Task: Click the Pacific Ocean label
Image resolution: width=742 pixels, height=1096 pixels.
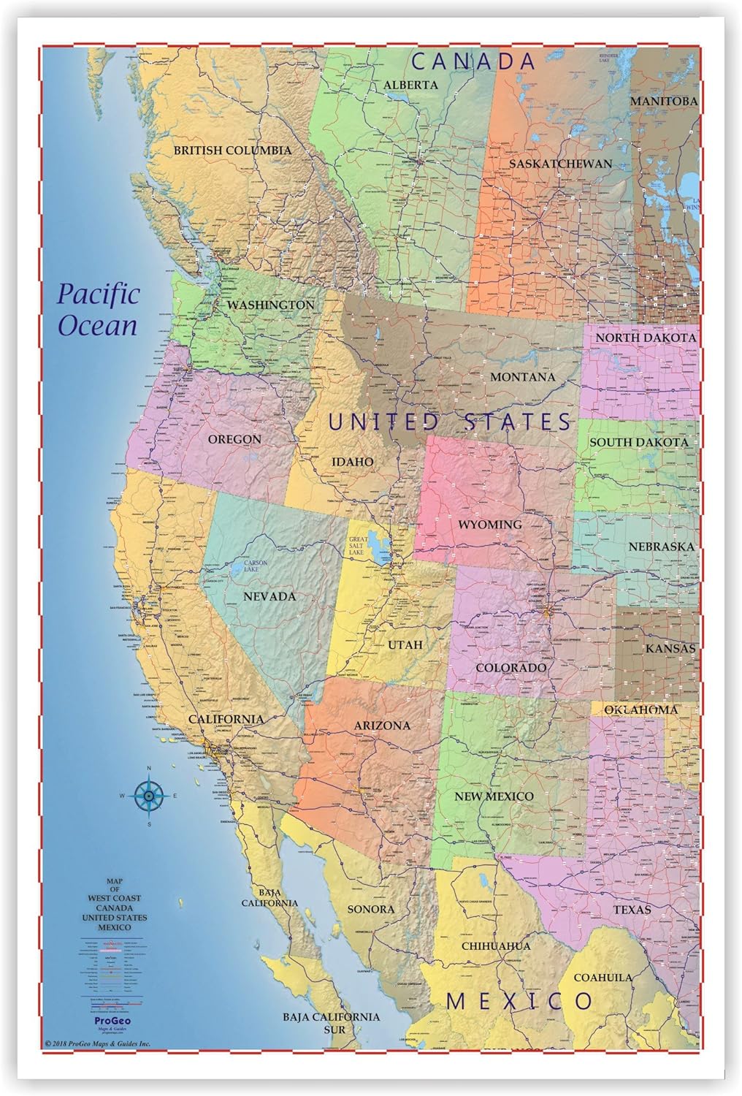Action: click(x=98, y=310)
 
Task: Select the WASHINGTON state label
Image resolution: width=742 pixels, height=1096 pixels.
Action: click(x=270, y=305)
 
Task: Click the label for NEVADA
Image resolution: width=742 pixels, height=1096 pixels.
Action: click(x=269, y=596)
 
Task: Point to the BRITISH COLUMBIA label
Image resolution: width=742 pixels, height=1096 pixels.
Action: click(x=232, y=151)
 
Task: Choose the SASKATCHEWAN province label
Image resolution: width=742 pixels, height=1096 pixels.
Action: click(x=560, y=164)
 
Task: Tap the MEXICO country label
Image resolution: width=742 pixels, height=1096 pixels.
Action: click(x=519, y=1001)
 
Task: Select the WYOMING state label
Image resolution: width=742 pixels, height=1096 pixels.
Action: click(x=489, y=525)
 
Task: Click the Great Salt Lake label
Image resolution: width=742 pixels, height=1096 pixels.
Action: click(x=356, y=546)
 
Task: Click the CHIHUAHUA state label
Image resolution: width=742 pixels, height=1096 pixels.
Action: click(x=496, y=946)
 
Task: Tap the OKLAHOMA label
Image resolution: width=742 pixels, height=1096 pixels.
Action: click(x=640, y=709)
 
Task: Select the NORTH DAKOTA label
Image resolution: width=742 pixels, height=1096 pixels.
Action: click(x=645, y=338)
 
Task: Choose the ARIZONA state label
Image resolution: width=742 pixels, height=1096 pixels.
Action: click(x=382, y=726)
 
